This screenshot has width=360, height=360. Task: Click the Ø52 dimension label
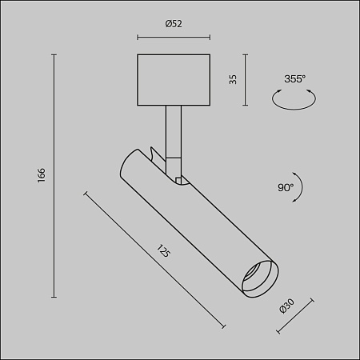click(x=174, y=24)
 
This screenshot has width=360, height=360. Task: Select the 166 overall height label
click(x=42, y=175)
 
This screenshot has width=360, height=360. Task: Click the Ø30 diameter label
click(x=288, y=307)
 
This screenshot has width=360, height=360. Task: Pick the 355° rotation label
click(x=294, y=78)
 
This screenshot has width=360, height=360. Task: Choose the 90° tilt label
click(x=285, y=188)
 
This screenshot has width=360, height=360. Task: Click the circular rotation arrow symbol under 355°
click(x=294, y=99)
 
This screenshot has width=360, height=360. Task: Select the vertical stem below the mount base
click(x=174, y=132)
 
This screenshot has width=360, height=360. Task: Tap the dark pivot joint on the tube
click(x=180, y=178)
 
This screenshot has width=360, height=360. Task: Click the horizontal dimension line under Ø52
click(x=174, y=36)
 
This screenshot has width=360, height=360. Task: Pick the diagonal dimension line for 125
click(x=152, y=258)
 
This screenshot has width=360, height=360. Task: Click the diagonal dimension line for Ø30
click(x=294, y=316)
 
